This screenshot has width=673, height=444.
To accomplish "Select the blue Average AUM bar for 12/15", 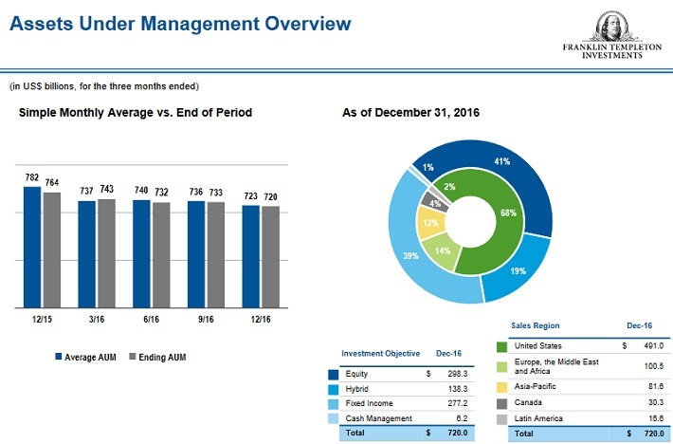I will click(32, 247).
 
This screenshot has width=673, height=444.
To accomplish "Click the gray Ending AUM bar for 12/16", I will click(270, 256).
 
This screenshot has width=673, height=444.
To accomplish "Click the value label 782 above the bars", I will click(32, 178).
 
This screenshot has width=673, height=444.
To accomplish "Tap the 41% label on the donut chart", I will click(502, 161).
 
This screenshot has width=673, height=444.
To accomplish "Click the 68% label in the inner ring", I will click(508, 213).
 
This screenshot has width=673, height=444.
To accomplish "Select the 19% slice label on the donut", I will click(518, 270).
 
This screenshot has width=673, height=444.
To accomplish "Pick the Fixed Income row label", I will click(371, 403).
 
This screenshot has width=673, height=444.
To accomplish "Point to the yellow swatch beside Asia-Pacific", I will click(504, 387).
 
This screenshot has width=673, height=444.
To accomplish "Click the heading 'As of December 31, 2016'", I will click(410, 113).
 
